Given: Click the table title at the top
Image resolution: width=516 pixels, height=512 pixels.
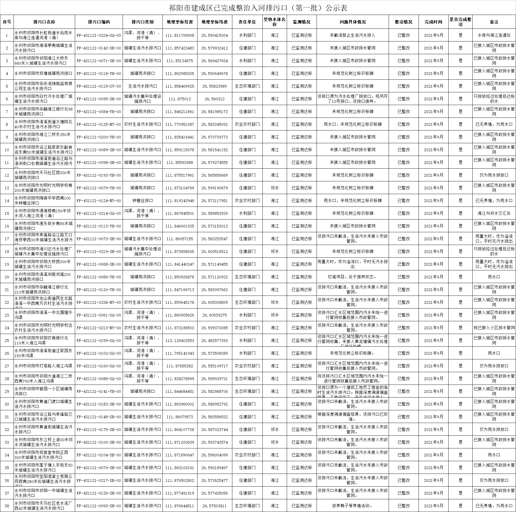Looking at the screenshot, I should (258, 8).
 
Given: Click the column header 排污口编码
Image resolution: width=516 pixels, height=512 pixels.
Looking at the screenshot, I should (99, 22).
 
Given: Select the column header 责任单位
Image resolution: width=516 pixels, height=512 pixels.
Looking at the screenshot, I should (247, 22).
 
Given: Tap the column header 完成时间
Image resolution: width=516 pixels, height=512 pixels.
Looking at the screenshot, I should (433, 22).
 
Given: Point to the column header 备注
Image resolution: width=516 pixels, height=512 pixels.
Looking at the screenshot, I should (494, 22).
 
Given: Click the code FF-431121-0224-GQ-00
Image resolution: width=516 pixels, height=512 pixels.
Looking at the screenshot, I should (99, 35).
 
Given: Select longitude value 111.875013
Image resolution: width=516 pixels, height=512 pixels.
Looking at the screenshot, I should (180, 99).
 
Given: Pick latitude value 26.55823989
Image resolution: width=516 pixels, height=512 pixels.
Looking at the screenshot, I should (214, 86).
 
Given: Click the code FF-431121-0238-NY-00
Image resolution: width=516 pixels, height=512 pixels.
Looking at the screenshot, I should (99, 302).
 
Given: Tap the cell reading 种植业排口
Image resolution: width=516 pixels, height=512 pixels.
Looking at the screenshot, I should (142, 201).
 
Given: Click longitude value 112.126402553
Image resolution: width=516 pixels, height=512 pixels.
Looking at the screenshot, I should (180, 341).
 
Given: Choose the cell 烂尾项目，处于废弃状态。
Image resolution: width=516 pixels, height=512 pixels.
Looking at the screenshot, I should (352, 277).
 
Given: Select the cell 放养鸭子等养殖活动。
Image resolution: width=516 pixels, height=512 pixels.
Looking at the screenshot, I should (352, 506).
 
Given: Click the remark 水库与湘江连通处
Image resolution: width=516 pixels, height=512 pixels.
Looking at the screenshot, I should (494, 35).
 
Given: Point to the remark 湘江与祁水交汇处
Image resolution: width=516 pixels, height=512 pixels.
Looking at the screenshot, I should (494, 213).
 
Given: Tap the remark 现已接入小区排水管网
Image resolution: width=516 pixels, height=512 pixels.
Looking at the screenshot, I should (494, 328).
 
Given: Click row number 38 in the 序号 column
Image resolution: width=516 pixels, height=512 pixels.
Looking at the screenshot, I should (7, 506).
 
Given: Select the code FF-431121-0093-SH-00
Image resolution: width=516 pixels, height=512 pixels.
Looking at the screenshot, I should (99, 506).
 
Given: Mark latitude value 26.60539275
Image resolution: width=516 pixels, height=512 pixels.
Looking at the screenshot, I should (214, 315).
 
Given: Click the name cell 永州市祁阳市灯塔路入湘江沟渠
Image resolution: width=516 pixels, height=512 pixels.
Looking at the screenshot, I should (43, 366).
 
